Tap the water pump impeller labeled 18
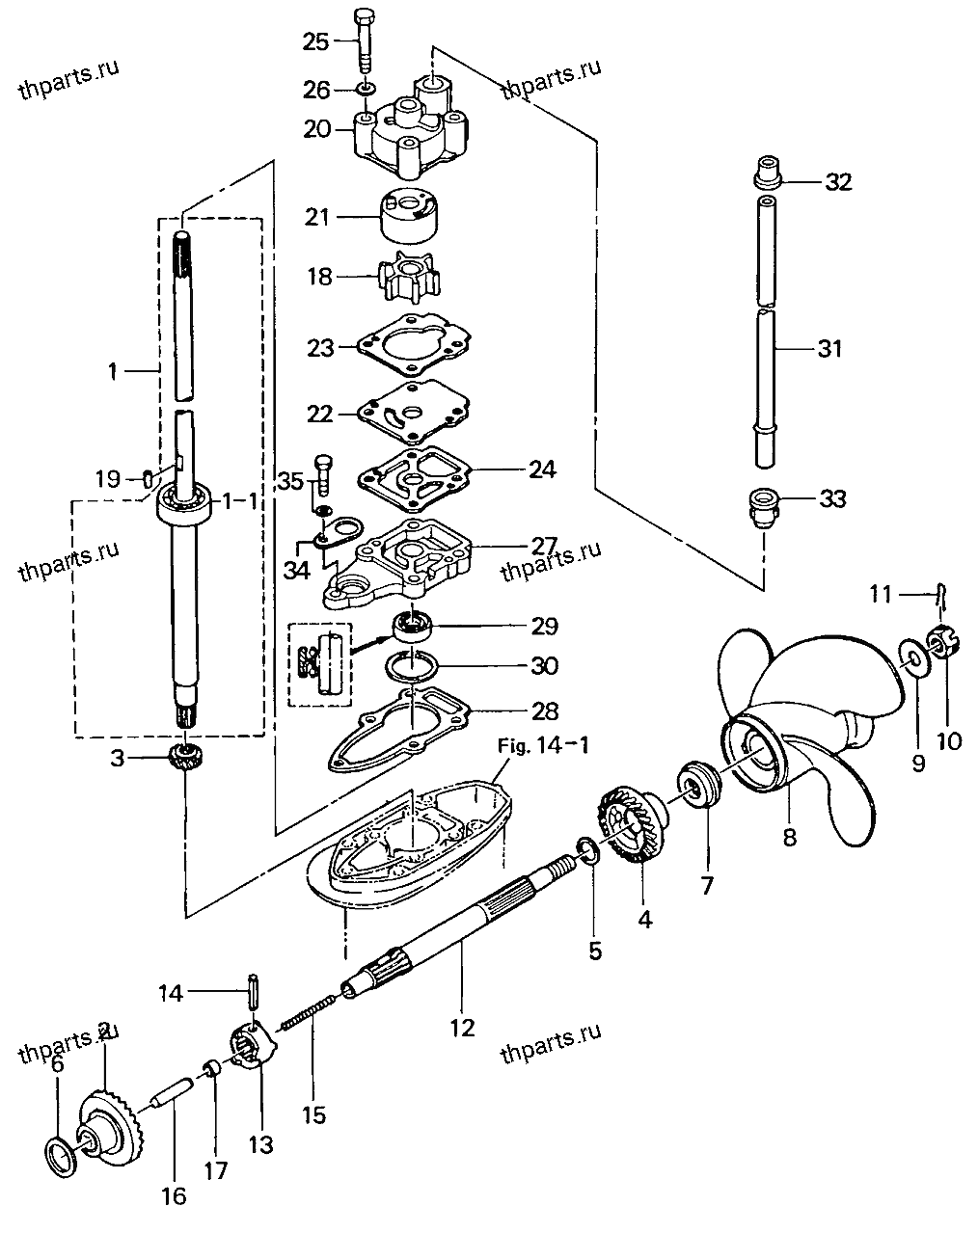click(x=409, y=277)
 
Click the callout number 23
click(x=320, y=347)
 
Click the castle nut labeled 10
click(x=942, y=643)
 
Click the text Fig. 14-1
click(x=542, y=745)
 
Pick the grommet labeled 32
click(x=768, y=172)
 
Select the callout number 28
click(x=544, y=711)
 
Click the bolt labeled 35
click(x=323, y=475)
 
